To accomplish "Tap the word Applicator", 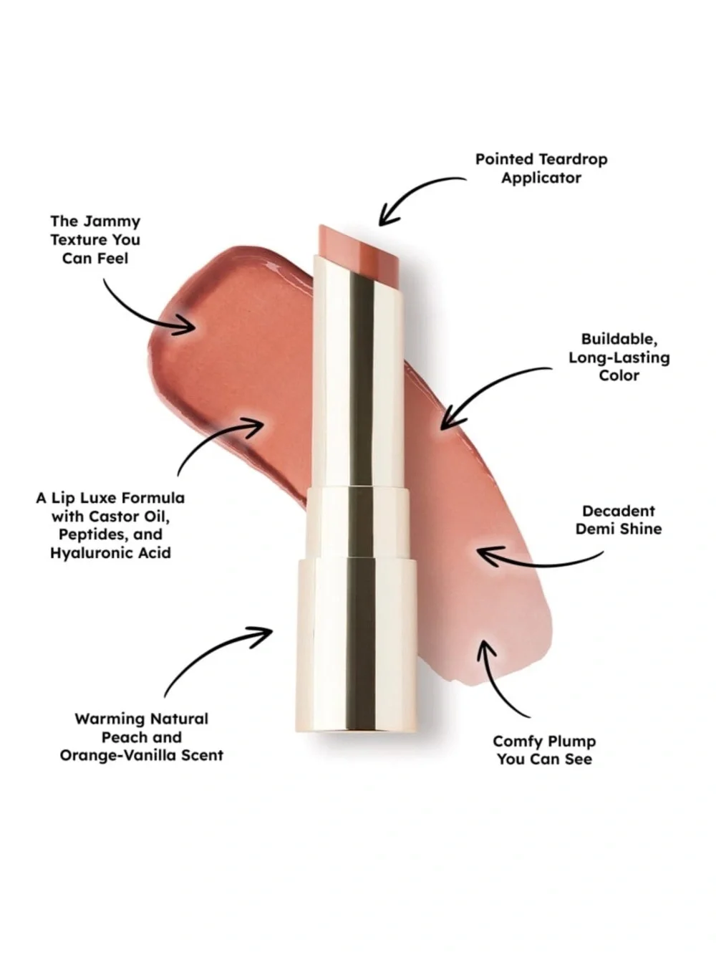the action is pyautogui.click(x=541, y=178).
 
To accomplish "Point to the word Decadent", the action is pyautogui.click(x=618, y=511).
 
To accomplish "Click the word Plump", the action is pyautogui.click(x=569, y=742).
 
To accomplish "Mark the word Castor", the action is pyautogui.click(x=113, y=517).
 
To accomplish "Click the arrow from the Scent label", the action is pyautogui.click(x=208, y=653).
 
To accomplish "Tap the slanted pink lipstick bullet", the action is pyautogui.click(x=359, y=247).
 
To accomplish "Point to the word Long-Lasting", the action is pyautogui.click(x=619, y=358).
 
